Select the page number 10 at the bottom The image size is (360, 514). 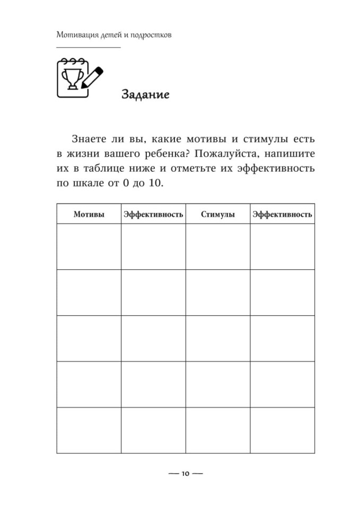(185, 473)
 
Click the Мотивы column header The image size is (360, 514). (89, 215)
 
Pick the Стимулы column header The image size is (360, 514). (217, 215)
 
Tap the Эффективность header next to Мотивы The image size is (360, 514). (153, 215)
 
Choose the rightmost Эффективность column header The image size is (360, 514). (282, 215)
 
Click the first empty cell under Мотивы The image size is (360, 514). (89, 246)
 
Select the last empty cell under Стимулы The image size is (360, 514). (217, 430)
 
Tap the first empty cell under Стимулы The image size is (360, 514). (217, 246)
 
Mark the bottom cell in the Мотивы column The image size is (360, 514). (89, 430)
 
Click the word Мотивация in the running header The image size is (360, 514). (75, 35)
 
